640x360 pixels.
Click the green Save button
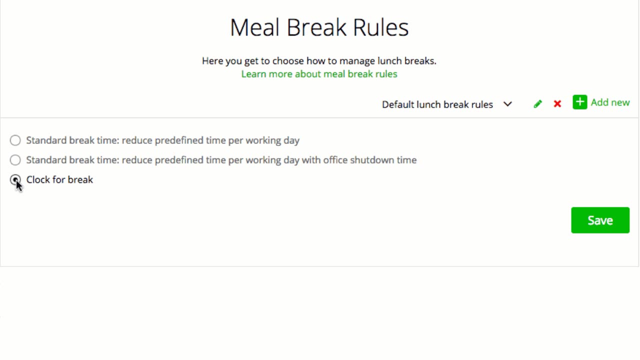click(x=600, y=220)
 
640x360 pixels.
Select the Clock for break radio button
click(x=15, y=180)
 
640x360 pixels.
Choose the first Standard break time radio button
click(x=15, y=140)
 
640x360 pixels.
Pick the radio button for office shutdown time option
click(x=15, y=160)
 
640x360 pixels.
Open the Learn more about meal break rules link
click(x=319, y=74)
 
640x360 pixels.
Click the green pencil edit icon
click(x=537, y=103)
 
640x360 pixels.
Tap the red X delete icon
click(x=557, y=103)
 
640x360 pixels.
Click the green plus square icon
click(x=579, y=102)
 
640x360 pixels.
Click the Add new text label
click(x=610, y=102)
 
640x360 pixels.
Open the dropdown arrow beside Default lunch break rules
click(x=507, y=104)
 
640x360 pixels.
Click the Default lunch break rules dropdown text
click(x=437, y=104)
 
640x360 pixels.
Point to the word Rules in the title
click(x=381, y=27)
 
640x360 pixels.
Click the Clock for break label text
click(x=59, y=179)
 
